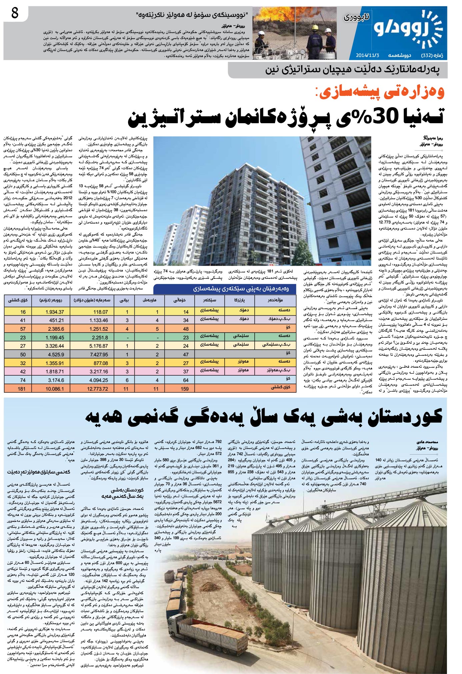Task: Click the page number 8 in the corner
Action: click(14, 14)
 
